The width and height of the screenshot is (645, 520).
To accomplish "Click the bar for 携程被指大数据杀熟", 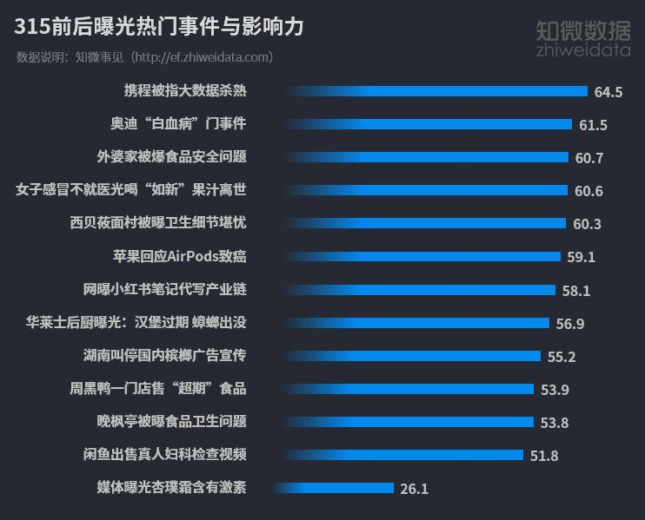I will tap(435, 91).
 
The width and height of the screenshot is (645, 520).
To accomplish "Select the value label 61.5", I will tap(593, 125).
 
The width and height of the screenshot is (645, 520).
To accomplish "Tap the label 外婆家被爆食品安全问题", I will tap(171, 157).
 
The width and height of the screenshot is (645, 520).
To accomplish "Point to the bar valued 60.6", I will tap(426, 190).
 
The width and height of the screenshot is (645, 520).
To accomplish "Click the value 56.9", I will tap(570, 323).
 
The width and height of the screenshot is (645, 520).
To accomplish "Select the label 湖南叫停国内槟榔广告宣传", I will tap(164, 355).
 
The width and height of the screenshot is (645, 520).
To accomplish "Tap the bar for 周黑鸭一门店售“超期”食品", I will tap(409, 389).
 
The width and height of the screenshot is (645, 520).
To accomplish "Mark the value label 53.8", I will tap(554, 423).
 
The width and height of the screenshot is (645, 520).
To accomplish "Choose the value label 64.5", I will tap(608, 92).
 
